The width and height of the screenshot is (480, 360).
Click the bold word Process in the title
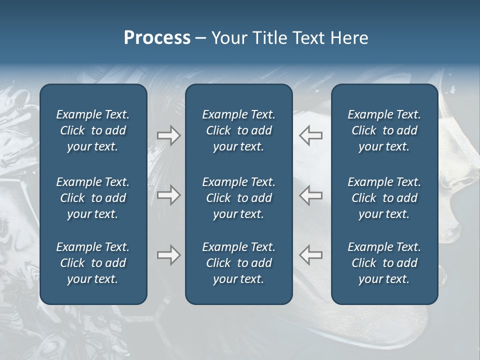coord(157,38)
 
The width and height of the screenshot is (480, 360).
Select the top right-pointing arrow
coord(168,135)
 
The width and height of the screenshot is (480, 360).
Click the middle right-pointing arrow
coord(168,195)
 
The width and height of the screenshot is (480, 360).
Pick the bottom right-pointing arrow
coord(168,255)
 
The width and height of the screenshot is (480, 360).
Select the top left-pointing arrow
coord(311,135)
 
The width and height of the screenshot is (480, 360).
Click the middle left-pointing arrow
coord(311,195)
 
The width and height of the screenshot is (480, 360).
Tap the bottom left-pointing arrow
coord(311,255)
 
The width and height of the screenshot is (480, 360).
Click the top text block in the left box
coord(93,130)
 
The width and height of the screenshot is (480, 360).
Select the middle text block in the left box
coord(93,198)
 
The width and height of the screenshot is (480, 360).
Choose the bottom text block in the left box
coord(93,263)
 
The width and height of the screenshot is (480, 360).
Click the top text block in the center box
coord(238,130)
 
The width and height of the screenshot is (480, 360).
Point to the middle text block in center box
coord(238,198)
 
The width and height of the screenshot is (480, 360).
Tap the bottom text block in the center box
coord(238,263)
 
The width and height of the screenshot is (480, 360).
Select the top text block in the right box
coord(384,130)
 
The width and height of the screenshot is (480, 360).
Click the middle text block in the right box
coord(384,198)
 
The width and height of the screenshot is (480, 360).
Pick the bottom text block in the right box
coord(384,263)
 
